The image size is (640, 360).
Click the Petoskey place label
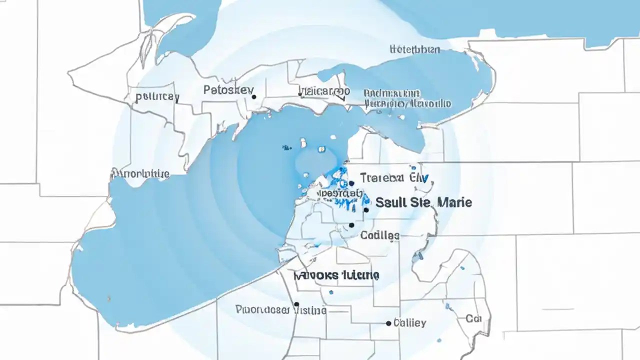[228, 90]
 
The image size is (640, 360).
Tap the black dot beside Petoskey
[254, 97]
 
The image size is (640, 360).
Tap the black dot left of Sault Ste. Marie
[366, 210]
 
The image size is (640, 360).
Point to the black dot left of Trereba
[352, 183]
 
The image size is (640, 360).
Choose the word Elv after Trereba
[419, 178]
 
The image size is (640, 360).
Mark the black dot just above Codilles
[351, 225]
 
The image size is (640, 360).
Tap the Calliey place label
[410, 322]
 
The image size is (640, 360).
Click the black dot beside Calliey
[388, 323]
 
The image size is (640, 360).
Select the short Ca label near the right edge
[473, 318]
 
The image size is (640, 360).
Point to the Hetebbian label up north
[414, 49]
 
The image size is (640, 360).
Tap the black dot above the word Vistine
[296, 303]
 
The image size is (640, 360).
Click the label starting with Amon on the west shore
[140, 174]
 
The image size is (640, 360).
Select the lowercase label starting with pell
[157, 96]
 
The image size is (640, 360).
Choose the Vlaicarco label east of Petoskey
[324, 91]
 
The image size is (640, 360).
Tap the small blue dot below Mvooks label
[330, 292]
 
